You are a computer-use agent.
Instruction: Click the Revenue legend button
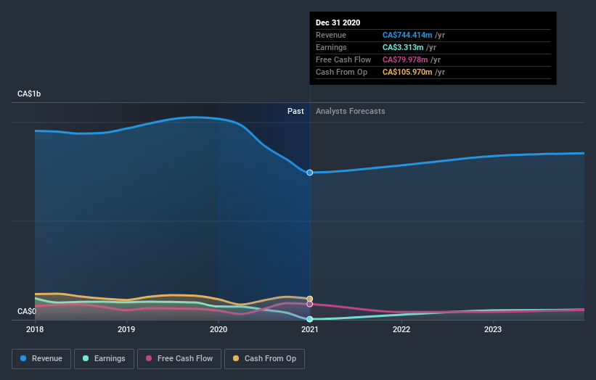pyautogui.click(x=41, y=358)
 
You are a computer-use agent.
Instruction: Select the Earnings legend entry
pyautogui.click(x=104, y=358)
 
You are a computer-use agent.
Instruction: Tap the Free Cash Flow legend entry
pyautogui.click(x=179, y=358)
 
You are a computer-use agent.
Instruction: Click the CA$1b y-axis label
pyautogui.click(x=30, y=94)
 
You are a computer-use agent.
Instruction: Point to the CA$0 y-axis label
pyautogui.click(x=27, y=312)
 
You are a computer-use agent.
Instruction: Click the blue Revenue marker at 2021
pyautogui.click(x=310, y=173)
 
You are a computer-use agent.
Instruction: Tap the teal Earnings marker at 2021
pyautogui.click(x=310, y=319)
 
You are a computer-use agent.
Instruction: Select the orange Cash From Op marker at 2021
pyautogui.click(x=310, y=299)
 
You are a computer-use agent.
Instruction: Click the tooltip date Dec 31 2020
pyautogui.click(x=338, y=23)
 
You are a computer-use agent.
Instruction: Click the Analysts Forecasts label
pyautogui.click(x=350, y=112)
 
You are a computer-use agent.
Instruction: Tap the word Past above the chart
pyautogui.click(x=295, y=112)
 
